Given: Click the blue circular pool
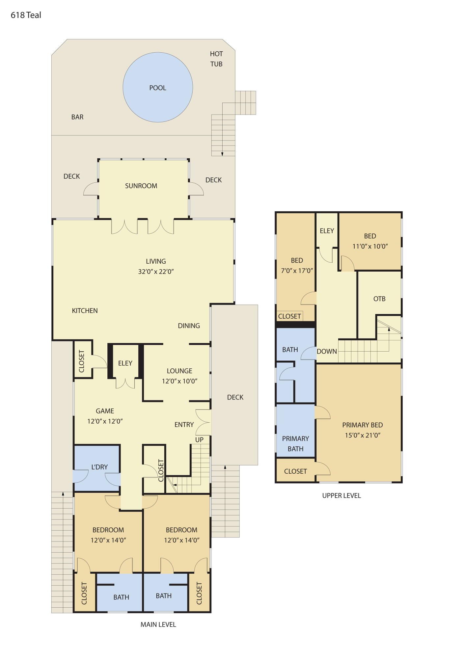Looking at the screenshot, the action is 158,87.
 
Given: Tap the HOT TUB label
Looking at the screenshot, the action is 216,59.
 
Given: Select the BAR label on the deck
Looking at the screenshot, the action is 77,117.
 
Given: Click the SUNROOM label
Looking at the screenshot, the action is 141,186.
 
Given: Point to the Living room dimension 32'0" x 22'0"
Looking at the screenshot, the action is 156,272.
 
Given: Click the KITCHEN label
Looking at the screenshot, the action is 85,310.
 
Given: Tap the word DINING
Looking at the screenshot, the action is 189,326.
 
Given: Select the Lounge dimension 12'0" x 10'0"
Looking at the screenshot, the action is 179,381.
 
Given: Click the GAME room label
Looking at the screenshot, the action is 105,411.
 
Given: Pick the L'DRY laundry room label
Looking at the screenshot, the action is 99,467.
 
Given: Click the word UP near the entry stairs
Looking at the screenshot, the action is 199,439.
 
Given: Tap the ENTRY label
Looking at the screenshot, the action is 184,425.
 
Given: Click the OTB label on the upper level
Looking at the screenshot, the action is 379,299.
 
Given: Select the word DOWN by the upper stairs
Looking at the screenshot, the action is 327,351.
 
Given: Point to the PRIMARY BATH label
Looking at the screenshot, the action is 295,444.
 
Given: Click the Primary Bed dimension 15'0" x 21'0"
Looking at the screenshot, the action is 363,435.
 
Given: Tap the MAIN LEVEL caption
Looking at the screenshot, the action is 158,624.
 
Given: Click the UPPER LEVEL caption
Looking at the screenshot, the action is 341,495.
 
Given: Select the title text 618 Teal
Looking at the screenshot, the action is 26,15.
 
